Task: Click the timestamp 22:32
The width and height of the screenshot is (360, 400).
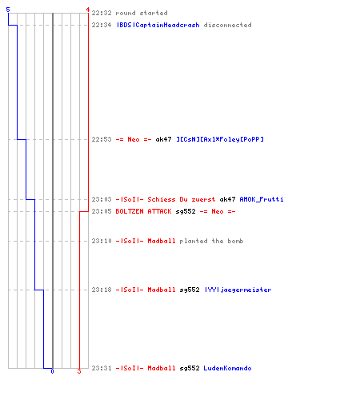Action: (x=102, y=13)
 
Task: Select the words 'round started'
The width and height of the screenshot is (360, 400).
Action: (x=142, y=13)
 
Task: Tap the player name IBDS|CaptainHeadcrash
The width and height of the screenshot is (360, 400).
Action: (x=158, y=25)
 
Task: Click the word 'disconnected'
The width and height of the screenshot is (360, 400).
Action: (x=227, y=25)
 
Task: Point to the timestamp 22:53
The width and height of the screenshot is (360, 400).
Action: (x=102, y=139)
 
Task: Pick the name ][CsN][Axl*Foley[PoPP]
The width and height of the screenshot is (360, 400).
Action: (x=220, y=139)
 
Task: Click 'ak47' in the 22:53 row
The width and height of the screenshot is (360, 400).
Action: (x=163, y=139)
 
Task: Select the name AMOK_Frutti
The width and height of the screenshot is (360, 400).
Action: (x=262, y=199)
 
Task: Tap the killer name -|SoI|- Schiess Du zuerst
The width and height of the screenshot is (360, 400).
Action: (x=166, y=199)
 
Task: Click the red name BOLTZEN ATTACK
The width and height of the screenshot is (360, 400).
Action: (x=143, y=211)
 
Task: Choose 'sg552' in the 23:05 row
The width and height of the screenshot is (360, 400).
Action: (x=186, y=211)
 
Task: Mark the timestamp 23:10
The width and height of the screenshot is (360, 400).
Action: (x=102, y=241)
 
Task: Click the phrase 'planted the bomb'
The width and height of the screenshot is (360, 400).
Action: (x=211, y=241)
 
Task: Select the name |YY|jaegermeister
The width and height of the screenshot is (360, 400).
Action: (x=238, y=290)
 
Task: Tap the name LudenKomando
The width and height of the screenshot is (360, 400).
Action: (x=227, y=368)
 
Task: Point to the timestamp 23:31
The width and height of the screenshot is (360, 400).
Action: (x=102, y=368)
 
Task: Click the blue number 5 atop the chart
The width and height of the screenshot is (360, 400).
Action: (x=8, y=10)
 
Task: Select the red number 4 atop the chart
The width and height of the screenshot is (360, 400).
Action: (x=87, y=10)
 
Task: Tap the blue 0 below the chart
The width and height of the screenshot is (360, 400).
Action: (x=52, y=371)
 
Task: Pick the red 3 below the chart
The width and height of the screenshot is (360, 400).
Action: (x=79, y=371)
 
